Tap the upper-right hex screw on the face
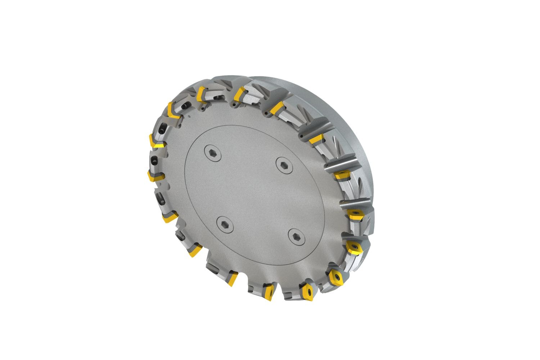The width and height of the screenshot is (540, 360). click(x=282, y=164)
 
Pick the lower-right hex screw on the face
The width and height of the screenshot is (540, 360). click(x=295, y=236)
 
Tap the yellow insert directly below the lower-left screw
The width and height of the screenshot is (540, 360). click(x=233, y=279)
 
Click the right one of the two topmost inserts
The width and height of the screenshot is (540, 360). click(x=237, y=94)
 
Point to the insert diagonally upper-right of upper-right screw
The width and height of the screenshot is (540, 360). click(x=316, y=139)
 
